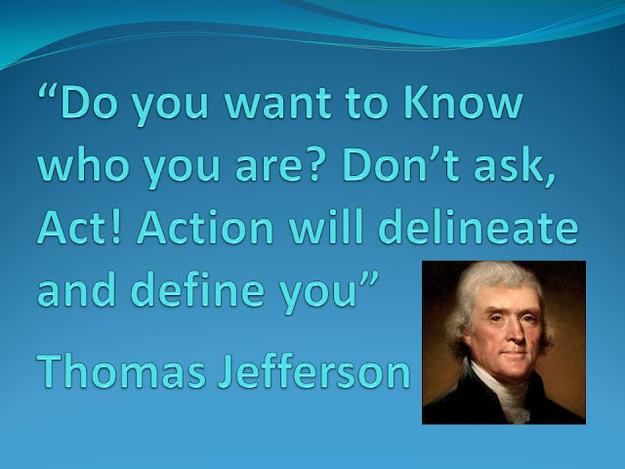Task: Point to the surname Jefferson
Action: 314,369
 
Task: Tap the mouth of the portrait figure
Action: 516,353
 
